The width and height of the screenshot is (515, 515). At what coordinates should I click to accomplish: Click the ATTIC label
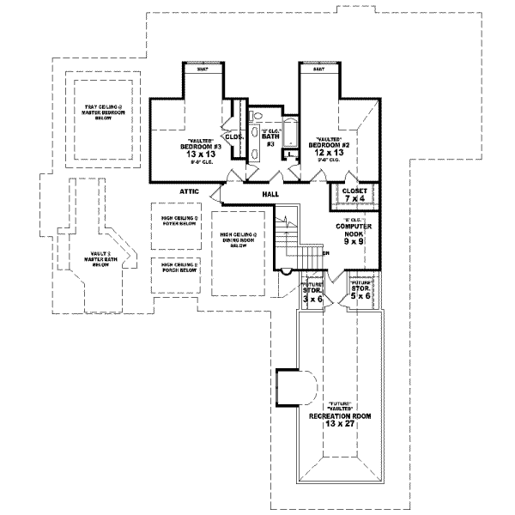click(190, 192)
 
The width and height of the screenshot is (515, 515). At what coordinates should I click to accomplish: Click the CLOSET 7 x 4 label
click(354, 194)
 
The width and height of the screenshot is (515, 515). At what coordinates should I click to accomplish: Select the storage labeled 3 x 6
click(312, 296)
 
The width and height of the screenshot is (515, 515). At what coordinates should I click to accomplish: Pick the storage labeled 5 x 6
click(359, 292)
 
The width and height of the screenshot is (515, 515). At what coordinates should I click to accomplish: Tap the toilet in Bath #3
click(255, 153)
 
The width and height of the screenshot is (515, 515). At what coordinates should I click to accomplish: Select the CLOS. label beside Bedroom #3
click(233, 136)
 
